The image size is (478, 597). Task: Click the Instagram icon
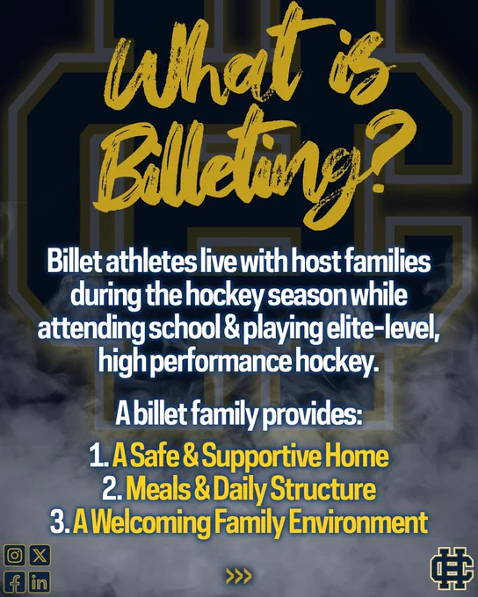(x=14, y=555)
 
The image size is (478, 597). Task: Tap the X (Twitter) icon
(x=40, y=555)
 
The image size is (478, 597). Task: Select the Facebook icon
(x=14, y=582)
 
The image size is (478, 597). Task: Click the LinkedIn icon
(x=40, y=582)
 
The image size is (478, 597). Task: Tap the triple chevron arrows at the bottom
(x=239, y=576)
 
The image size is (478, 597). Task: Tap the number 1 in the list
(x=98, y=457)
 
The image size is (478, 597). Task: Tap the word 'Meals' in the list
(x=158, y=489)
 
